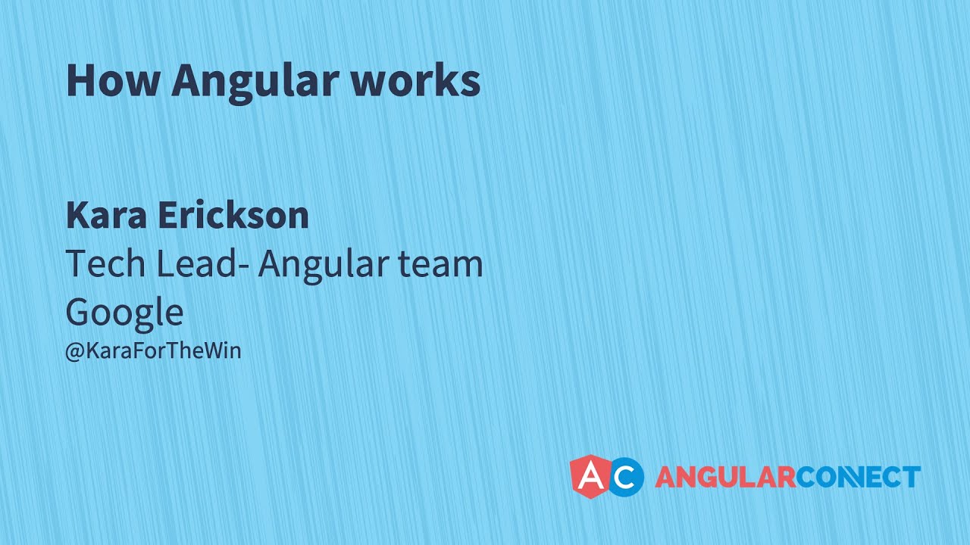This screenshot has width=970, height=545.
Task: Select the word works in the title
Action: pyautogui.click(x=415, y=80)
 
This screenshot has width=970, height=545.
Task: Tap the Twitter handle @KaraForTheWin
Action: pyautogui.click(x=153, y=351)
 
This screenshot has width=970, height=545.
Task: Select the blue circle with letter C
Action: pyautogui.click(x=626, y=477)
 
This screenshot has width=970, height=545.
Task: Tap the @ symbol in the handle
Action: pyautogui.click(x=74, y=352)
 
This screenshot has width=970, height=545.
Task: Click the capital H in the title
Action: pyautogui.click(x=80, y=80)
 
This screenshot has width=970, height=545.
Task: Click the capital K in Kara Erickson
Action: pyautogui.click(x=77, y=216)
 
